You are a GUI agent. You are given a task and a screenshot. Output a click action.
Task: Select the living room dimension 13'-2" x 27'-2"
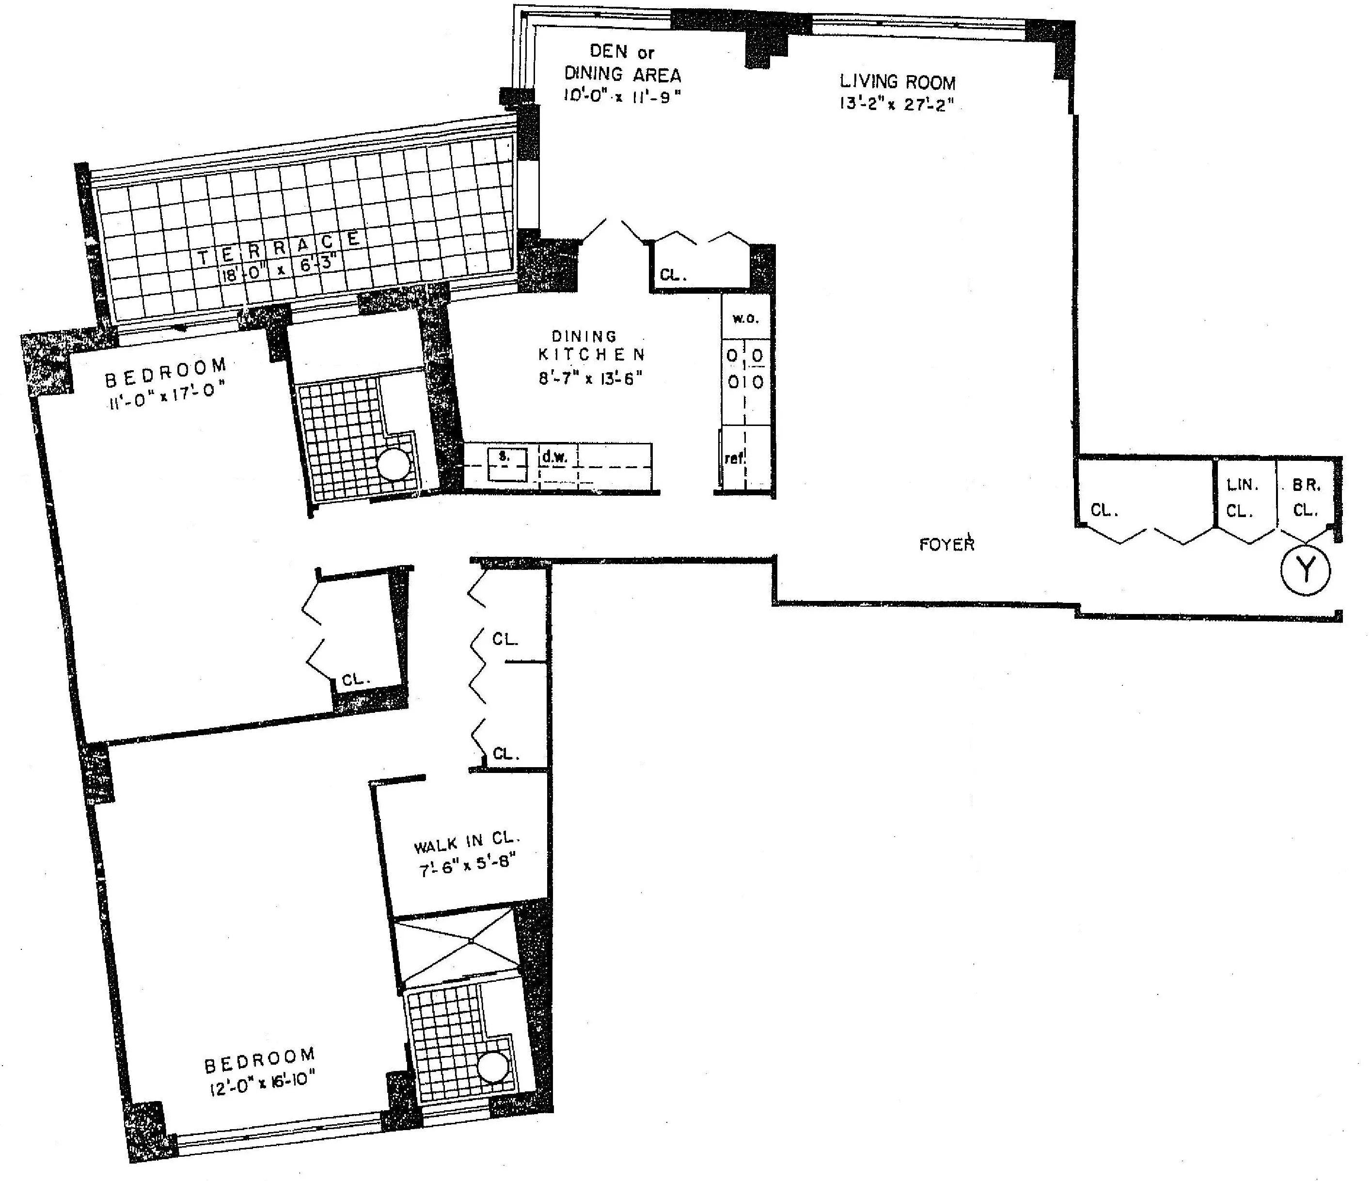coord(897,104)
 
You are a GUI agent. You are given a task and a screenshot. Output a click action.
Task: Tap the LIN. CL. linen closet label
coord(1241,498)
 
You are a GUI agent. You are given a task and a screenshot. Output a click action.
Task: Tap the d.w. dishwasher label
coord(554,457)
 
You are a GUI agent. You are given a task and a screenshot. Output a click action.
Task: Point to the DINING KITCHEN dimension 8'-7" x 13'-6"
coord(590,378)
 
